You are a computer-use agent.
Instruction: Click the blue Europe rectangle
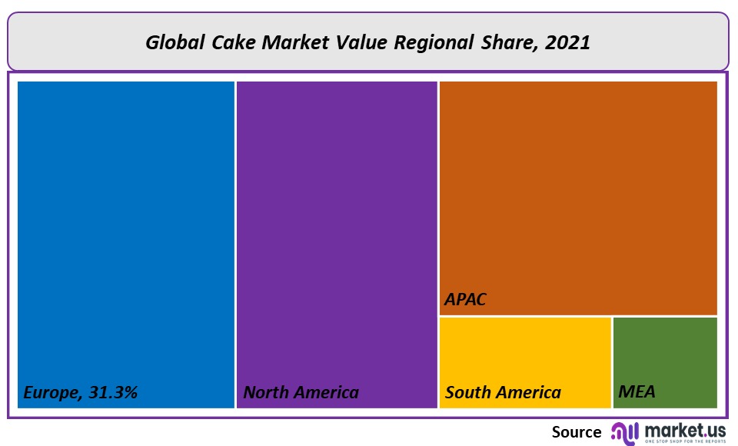125,231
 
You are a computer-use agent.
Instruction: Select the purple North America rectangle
337,231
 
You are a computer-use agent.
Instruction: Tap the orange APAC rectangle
578,192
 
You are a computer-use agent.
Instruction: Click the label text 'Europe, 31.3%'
80,392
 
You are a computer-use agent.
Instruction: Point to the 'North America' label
301,392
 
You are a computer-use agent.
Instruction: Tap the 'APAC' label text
465,299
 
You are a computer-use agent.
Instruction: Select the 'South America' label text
503,392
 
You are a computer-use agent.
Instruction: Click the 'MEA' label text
637,392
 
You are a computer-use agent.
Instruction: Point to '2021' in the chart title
567,42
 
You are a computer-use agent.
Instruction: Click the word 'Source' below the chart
577,432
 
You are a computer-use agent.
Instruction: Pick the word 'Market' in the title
291,42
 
